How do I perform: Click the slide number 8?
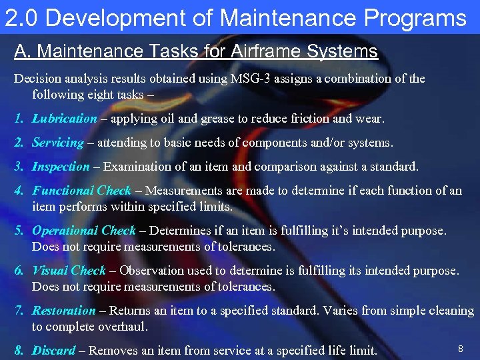[460, 349]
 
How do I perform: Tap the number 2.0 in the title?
[21, 18]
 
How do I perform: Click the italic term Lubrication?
[65, 119]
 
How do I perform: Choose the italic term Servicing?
[58, 143]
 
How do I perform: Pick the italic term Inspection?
[61, 167]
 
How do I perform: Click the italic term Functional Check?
[82, 191]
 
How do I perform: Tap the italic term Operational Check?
[84, 231]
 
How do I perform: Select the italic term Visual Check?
[69, 271]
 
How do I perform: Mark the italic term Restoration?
[64, 311]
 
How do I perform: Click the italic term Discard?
[53, 351]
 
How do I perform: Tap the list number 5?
[19, 231]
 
